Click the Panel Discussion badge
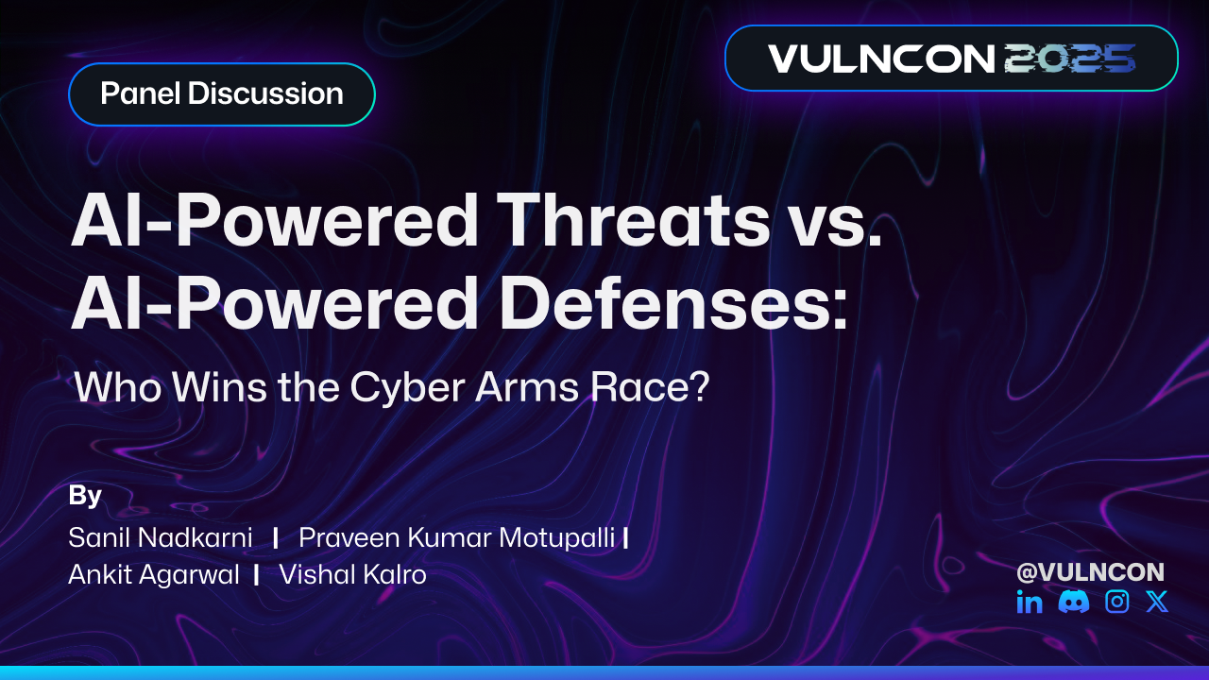(x=221, y=94)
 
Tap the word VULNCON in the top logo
(x=881, y=59)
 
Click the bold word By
(x=85, y=496)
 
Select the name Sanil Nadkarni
(x=161, y=538)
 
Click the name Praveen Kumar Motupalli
(x=456, y=538)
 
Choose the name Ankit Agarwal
(x=154, y=574)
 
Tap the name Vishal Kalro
(x=352, y=574)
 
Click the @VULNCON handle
(x=1090, y=572)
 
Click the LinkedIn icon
(x=1030, y=602)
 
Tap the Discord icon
(x=1074, y=602)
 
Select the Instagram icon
(x=1117, y=602)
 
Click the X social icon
(x=1157, y=602)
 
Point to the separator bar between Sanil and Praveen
(x=275, y=538)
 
